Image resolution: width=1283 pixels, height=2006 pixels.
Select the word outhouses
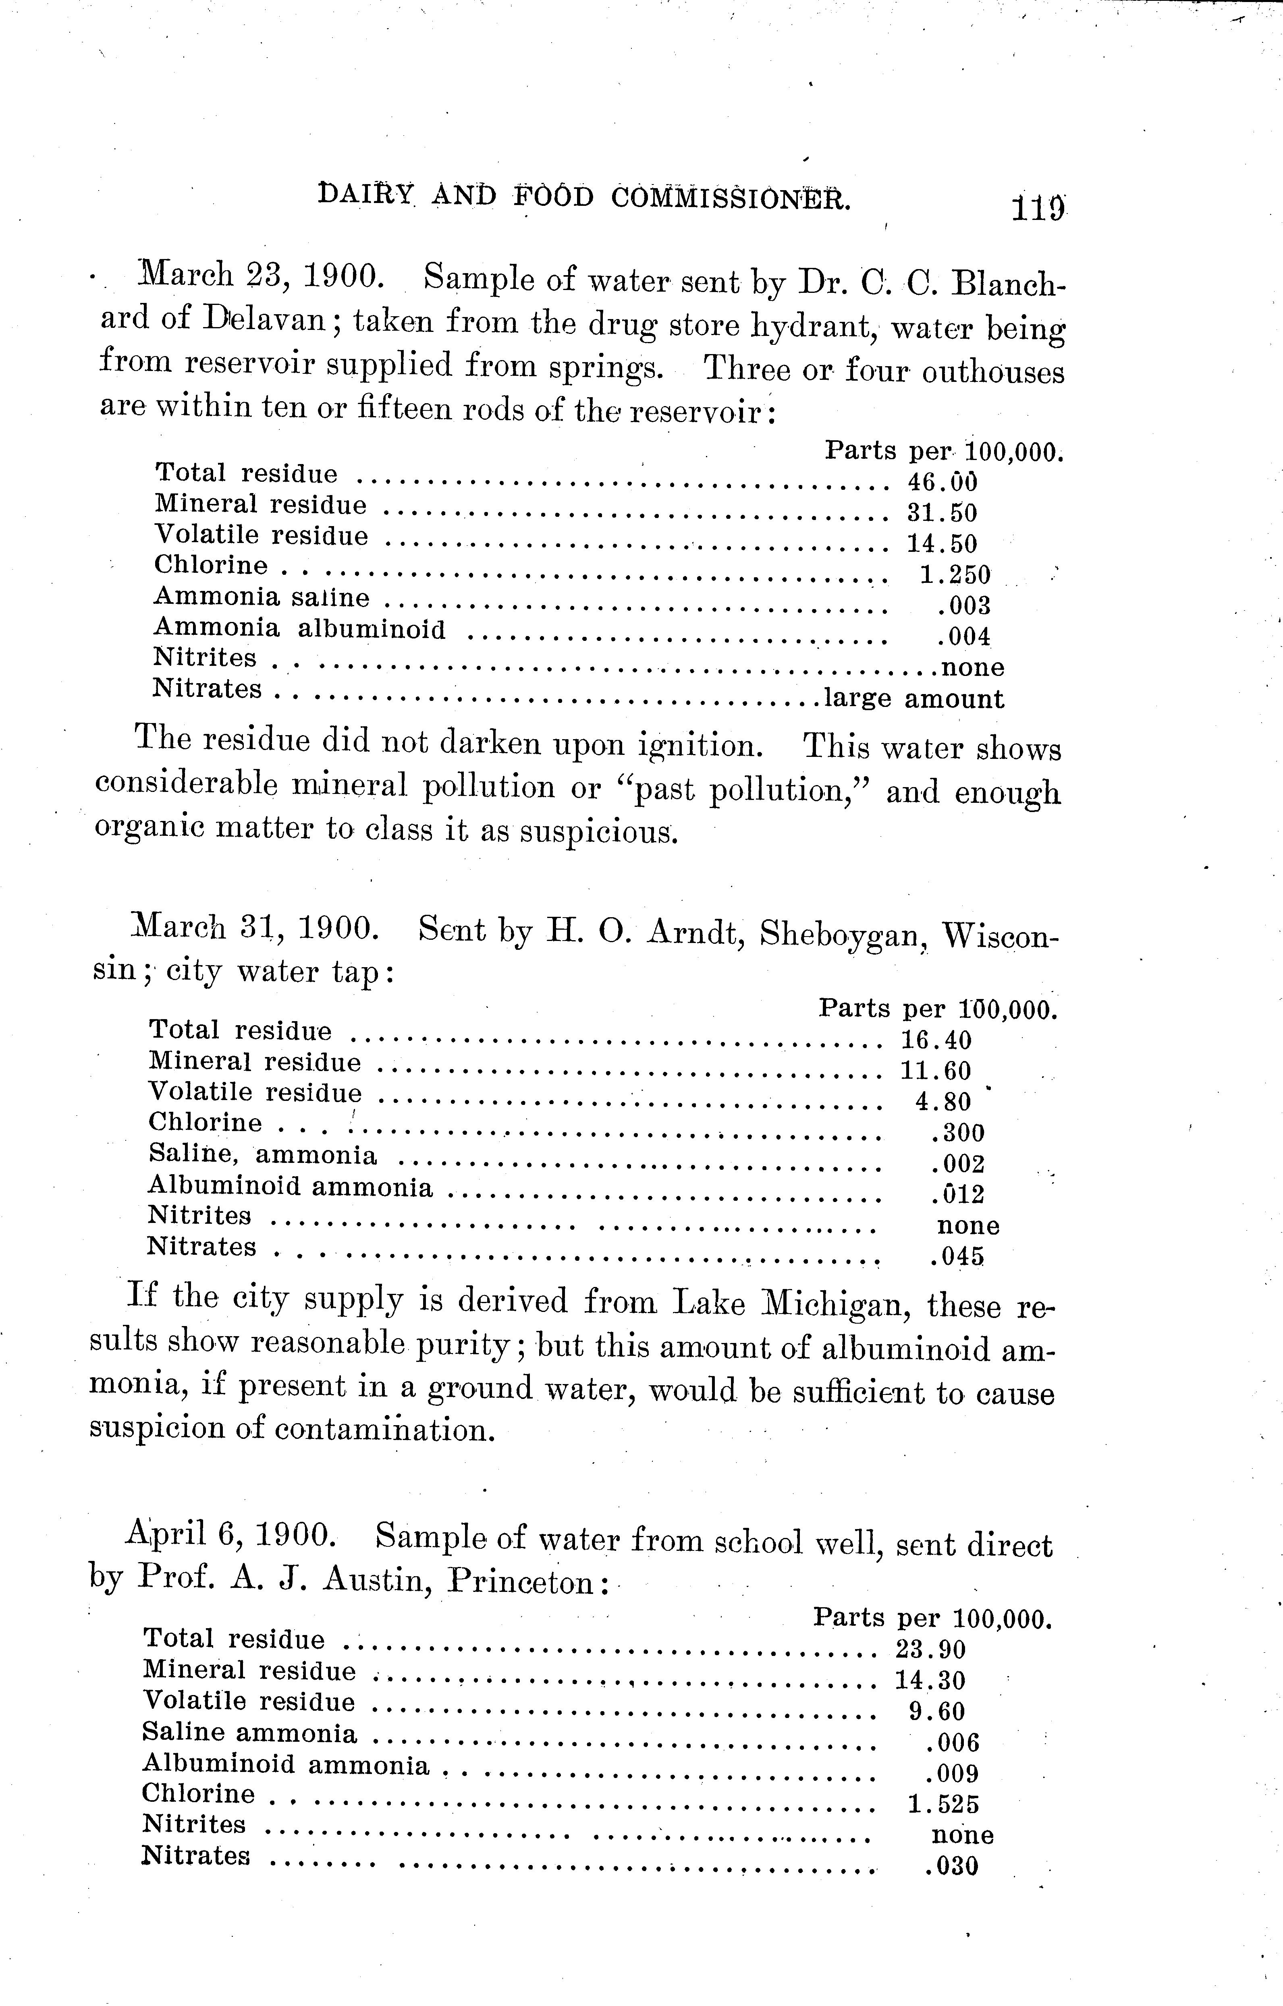point(993,371)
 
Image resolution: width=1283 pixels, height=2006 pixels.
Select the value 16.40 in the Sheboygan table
point(936,1040)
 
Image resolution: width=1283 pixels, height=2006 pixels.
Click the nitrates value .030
point(951,1866)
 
